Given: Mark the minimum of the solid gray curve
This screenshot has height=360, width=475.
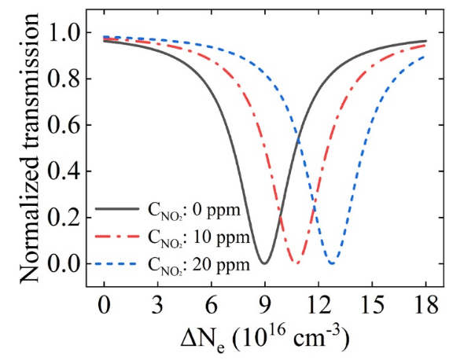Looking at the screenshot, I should pyautogui.click(x=265, y=263).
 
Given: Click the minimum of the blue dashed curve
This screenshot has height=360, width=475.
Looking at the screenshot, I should pyautogui.click(x=333, y=263).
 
